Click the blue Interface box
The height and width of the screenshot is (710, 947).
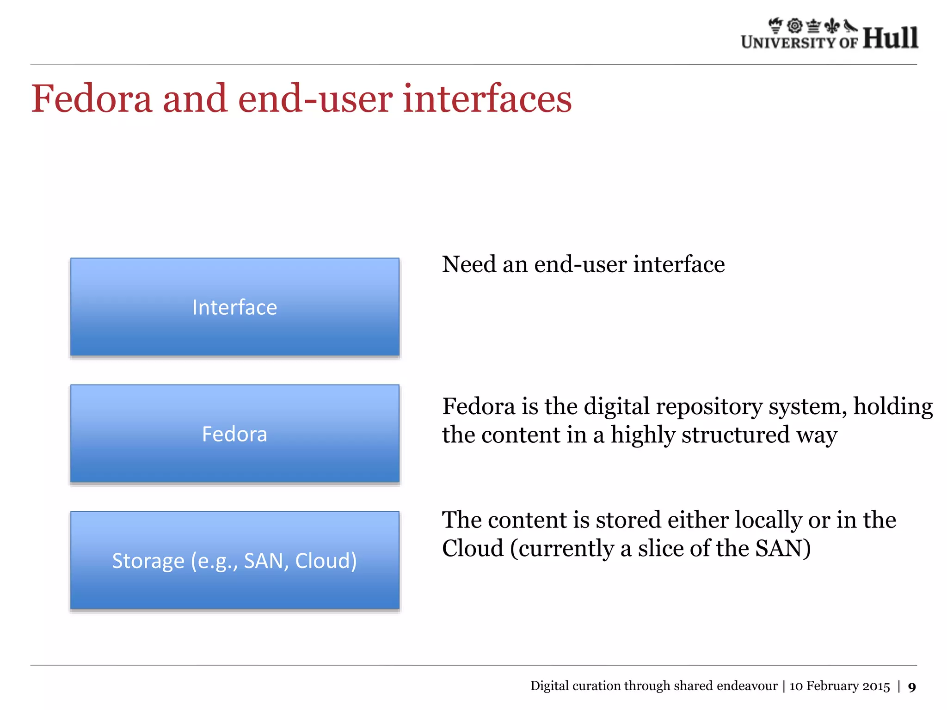pos(234,307)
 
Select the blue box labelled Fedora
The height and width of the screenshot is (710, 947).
pos(234,434)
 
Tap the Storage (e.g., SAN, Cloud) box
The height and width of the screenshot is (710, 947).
pos(234,560)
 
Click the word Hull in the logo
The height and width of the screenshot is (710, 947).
pos(890,38)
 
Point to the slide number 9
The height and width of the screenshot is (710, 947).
pos(911,687)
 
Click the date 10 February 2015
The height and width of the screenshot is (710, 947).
pos(839,686)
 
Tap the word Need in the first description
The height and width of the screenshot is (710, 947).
pos(469,264)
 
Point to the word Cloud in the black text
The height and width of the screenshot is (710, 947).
pos(472,549)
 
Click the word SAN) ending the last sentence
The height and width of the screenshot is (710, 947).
pos(783,549)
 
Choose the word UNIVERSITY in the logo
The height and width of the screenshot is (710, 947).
pos(788,43)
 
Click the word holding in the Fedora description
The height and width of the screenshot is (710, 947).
pos(892,407)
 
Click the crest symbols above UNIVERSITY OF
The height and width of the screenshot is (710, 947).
pos(812,26)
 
